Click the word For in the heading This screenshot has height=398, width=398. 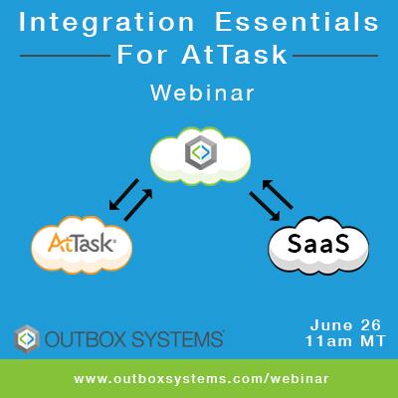point(145,54)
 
